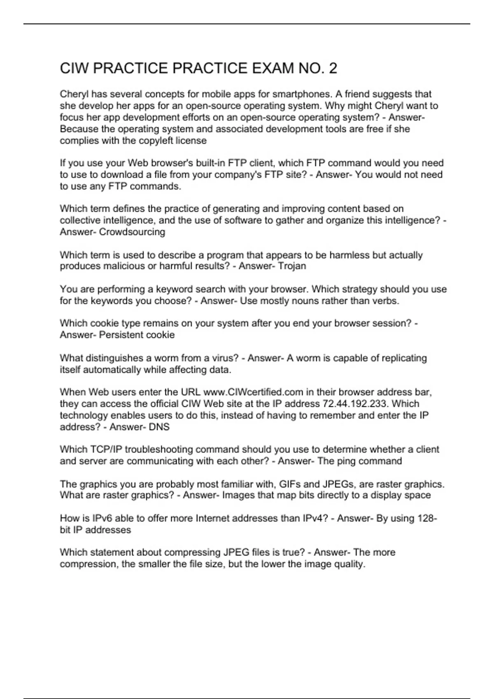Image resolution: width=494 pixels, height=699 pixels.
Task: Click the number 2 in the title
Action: (333, 68)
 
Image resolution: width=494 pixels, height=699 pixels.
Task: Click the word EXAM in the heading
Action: (273, 68)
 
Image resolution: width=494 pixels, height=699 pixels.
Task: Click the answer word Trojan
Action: (292, 266)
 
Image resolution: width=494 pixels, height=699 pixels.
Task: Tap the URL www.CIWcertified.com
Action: (253, 392)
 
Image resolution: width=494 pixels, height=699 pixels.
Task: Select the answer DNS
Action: (159, 427)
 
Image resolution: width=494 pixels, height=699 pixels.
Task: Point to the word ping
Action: (346, 461)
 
